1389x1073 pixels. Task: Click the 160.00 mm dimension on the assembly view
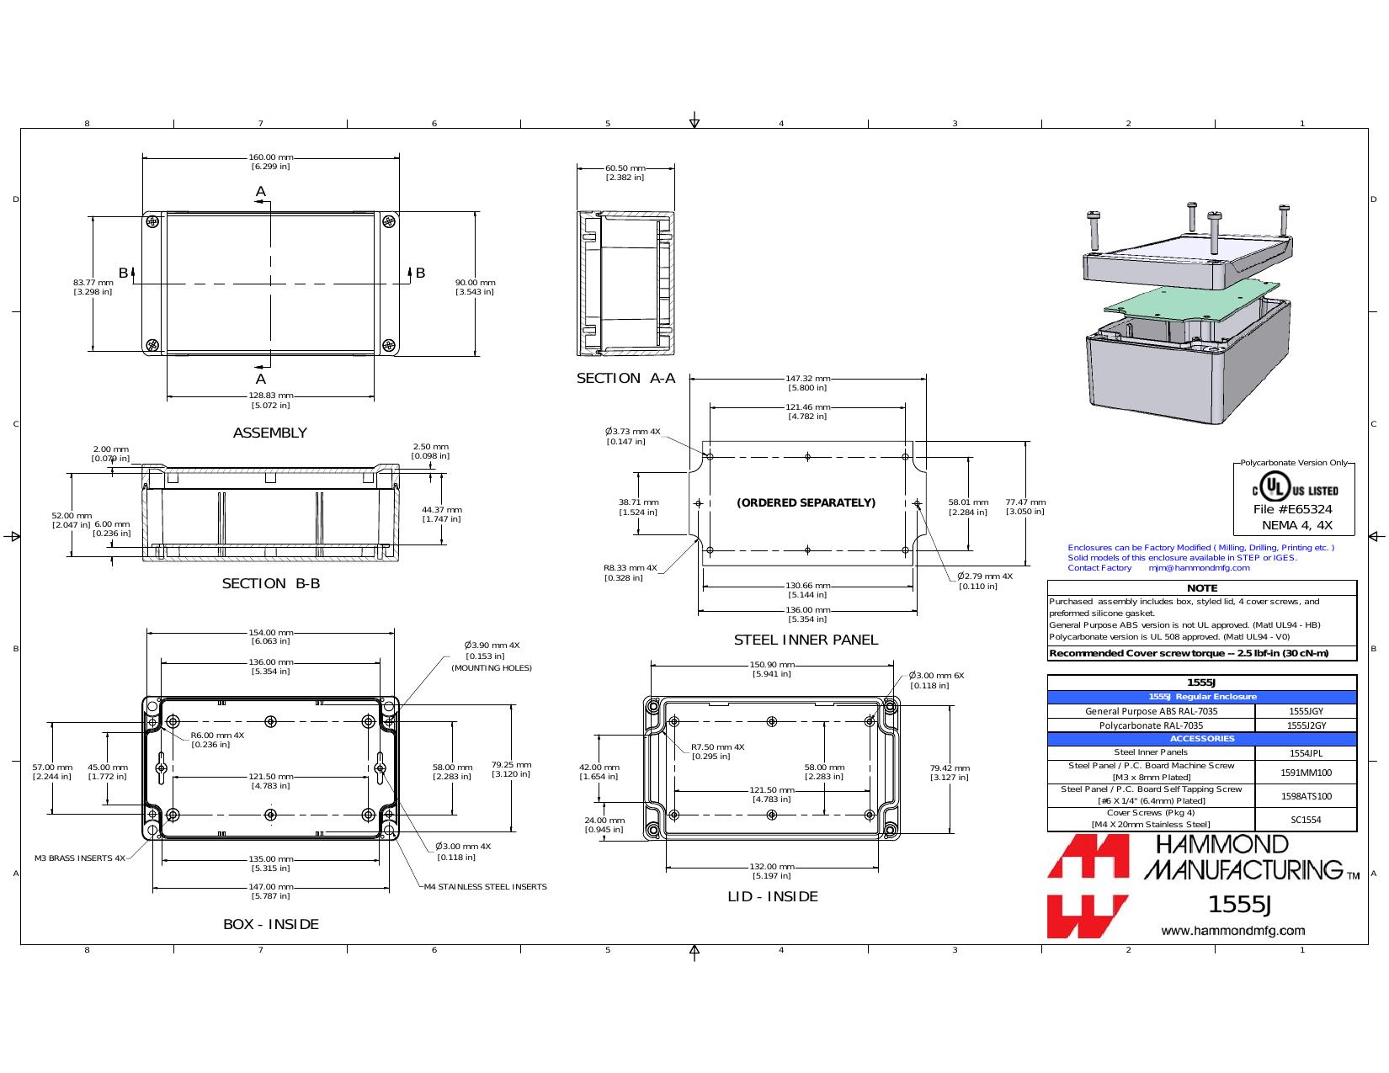pos(270,157)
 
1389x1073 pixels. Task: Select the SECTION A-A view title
pos(625,379)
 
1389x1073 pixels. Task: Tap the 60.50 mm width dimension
pos(625,168)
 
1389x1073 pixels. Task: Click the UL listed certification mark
pos(1295,490)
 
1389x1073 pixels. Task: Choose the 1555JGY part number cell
pos(1306,711)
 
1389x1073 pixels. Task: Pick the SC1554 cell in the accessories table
pos(1306,820)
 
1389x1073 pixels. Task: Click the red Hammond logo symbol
pos(1088,886)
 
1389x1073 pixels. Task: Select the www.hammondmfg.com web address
pos(1233,931)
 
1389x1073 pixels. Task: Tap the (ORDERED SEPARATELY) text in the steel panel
pos(806,503)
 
